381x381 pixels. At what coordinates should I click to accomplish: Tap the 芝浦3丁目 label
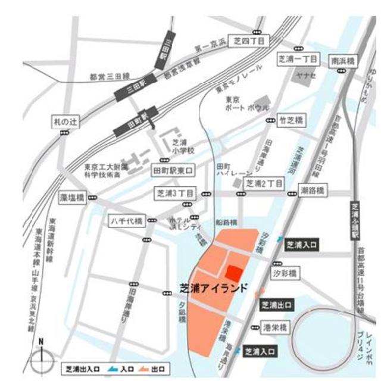[175, 193]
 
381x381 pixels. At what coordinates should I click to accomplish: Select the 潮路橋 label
[311, 190]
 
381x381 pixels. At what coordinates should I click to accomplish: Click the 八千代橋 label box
[126, 221]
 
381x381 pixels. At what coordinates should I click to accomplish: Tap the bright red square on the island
[234, 273]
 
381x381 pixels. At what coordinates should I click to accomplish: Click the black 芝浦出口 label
[277, 305]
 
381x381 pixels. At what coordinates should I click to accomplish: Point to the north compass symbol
[41, 360]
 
